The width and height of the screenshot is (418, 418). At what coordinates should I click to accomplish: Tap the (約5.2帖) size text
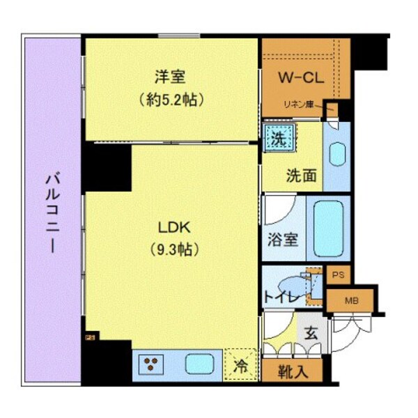tap(171, 99)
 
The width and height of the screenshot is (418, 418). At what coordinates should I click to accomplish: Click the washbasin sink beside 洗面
tap(336, 155)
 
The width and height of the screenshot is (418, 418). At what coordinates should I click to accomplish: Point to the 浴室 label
tap(284, 239)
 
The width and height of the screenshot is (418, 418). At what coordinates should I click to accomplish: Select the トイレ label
tap(281, 298)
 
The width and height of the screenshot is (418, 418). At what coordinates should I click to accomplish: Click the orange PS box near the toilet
tap(338, 276)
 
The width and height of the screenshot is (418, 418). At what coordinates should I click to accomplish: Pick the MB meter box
tap(350, 301)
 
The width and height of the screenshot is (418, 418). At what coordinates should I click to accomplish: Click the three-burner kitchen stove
tap(149, 363)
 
